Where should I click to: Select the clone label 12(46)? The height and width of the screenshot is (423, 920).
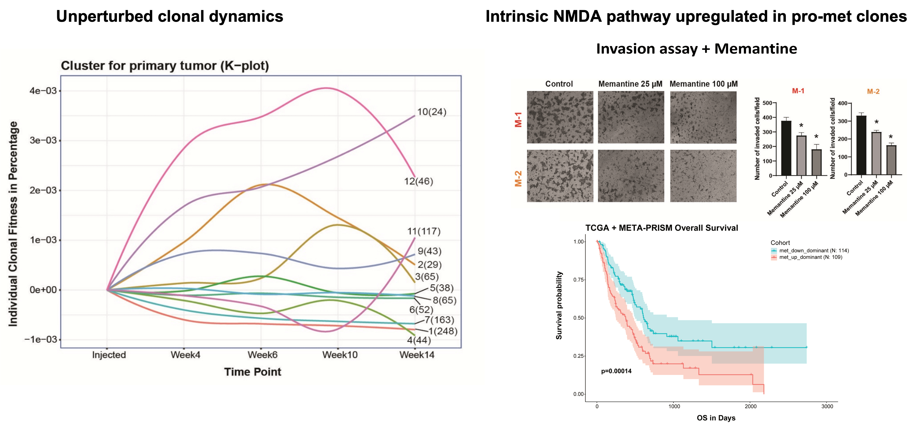coord(418,181)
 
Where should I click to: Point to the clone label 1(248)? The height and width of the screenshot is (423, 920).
coord(443,331)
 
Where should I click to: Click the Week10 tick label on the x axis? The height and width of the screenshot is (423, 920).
coord(340,355)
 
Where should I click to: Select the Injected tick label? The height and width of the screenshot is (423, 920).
coord(109,355)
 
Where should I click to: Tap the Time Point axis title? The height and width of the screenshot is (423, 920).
coord(252,372)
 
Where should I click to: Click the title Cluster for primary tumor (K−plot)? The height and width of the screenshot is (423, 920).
coord(165,66)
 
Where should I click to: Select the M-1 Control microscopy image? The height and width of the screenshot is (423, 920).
coord(560,117)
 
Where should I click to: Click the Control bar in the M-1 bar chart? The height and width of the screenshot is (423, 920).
coord(786,148)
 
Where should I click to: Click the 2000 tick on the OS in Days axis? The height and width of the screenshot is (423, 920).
coord(750,406)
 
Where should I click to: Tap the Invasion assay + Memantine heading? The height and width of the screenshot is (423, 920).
coord(696,49)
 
